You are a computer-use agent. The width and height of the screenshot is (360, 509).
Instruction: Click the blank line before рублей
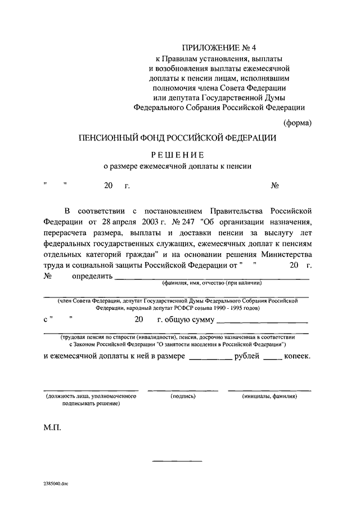[x=210, y=359]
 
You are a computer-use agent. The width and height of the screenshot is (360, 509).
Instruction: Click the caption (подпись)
[x=183, y=397]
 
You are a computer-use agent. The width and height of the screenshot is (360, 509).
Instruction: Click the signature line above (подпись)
[x=183, y=390]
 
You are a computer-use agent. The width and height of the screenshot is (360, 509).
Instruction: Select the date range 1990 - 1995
[x=227, y=308]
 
